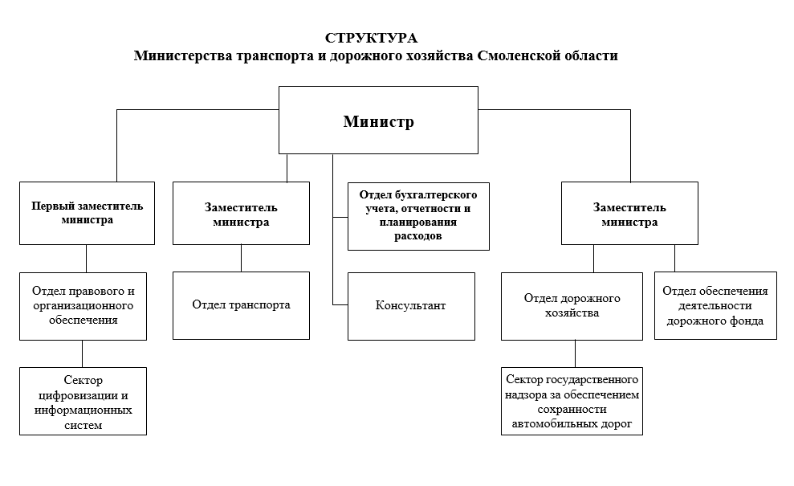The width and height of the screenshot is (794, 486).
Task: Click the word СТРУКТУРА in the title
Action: [x=371, y=39]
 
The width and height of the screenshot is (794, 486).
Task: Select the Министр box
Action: [x=379, y=121]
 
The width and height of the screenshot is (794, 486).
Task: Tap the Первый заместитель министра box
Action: [x=87, y=213]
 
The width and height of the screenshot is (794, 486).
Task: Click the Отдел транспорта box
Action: [x=241, y=305]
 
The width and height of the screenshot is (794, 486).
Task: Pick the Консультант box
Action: [x=410, y=306]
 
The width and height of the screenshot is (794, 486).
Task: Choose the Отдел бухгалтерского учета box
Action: [x=418, y=215]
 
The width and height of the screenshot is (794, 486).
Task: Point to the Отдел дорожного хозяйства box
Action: [x=572, y=305]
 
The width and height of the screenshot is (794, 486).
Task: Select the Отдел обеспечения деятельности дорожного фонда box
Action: [x=715, y=305]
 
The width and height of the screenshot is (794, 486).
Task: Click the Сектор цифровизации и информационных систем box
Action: [x=83, y=402]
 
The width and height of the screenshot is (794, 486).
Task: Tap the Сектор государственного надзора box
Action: [x=572, y=402]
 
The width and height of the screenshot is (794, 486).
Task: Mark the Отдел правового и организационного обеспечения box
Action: [x=83, y=305]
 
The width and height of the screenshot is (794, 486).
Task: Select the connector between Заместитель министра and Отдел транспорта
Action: [x=241, y=258]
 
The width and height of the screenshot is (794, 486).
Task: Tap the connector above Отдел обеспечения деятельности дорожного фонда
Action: [x=674, y=258]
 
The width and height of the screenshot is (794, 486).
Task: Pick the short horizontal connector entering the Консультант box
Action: [x=340, y=305]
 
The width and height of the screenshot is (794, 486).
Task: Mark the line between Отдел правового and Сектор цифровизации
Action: [x=82, y=353]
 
